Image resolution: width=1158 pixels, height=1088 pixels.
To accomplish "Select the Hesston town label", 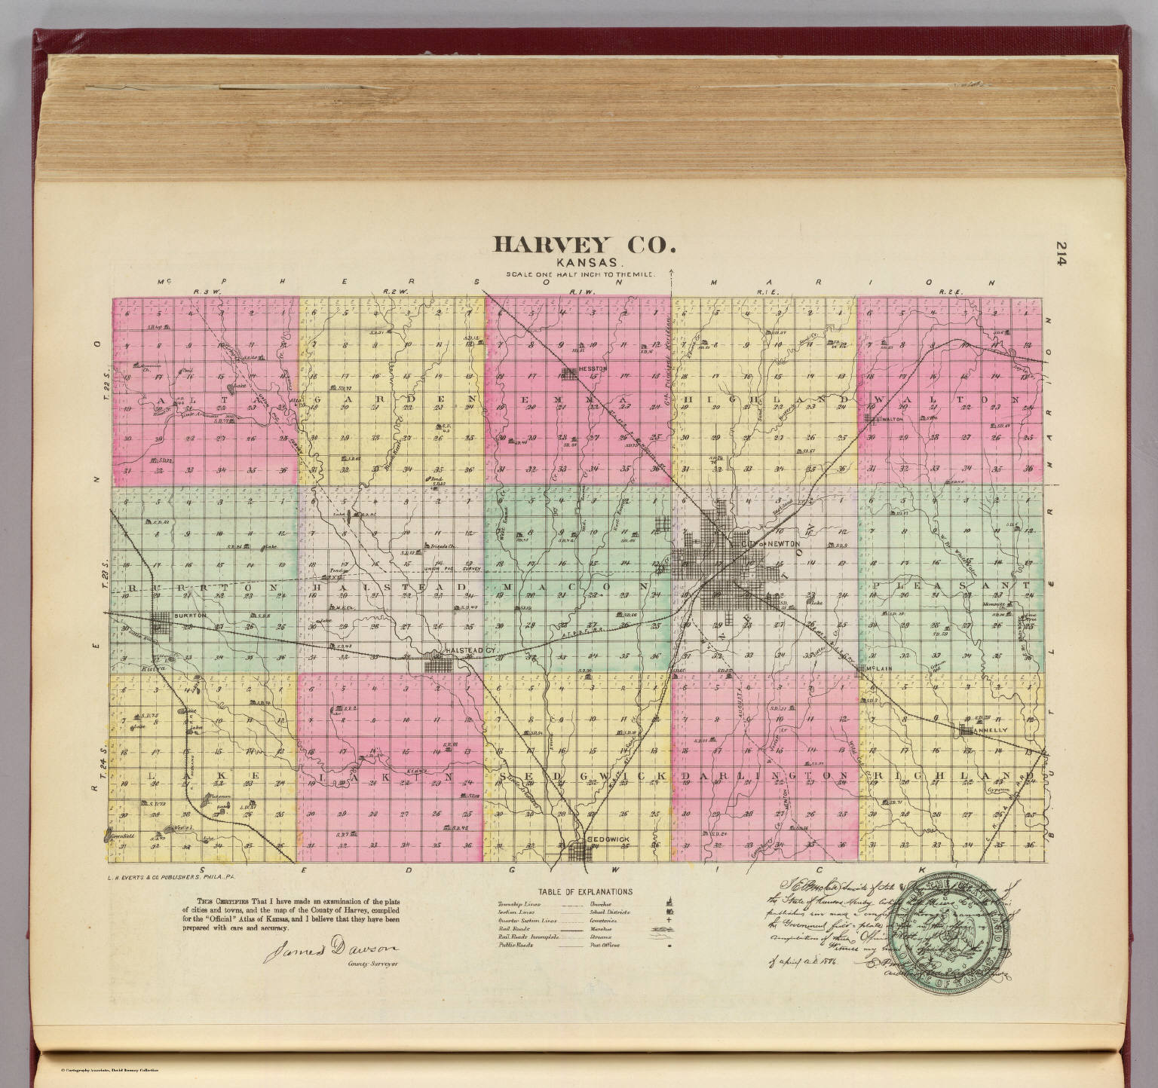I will click(593, 368).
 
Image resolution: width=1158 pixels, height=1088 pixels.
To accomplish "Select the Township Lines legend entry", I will click(520, 903).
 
